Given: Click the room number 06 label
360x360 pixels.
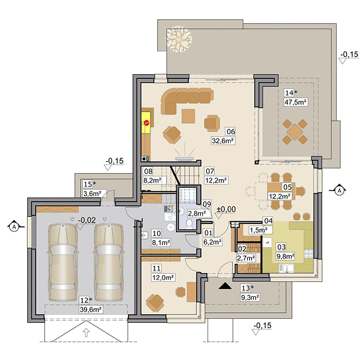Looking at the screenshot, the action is pyautogui.click(x=231, y=131).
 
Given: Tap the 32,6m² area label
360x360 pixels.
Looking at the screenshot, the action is pyautogui.click(x=223, y=141).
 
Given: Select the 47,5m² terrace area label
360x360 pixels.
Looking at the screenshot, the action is pyautogui.click(x=296, y=102).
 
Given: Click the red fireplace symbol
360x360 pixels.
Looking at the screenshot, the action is pyautogui.click(x=147, y=123).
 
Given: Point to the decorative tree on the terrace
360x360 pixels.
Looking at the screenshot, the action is pyautogui.click(x=179, y=40).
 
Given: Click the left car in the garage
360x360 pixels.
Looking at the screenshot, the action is pyautogui.click(x=63, y=262).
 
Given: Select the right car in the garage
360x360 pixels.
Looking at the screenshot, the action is pyautogui.click(x=109, y=262).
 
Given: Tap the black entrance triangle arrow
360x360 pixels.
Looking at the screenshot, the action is pyautogui.click(x=225, y=286).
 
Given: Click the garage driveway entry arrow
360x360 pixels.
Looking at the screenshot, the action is pyautogui.click(x=86, y=332).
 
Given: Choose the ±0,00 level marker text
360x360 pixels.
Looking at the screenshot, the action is pyautogui.click(x=226, y=210).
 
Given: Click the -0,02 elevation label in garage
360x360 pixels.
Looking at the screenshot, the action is pyautogui.click(x=87, y=220).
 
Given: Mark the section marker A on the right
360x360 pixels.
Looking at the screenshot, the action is pyautogui.click(x=339, y=190).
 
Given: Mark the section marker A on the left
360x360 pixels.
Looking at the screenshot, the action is pyautogui.click(x=15, y=227).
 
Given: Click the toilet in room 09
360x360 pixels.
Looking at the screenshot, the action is pyautogui.click(x=190, y=223).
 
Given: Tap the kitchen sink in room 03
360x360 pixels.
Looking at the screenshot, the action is pyautogui.click(x=286, y=268).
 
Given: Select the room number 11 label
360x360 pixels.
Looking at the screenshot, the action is pyautogui.click(x=156, y=268).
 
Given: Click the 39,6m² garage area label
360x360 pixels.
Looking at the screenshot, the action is pyautogui.click(x=91, y=310).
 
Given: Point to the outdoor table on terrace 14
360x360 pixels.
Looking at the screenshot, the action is pyautogui.click(x=295, y=132).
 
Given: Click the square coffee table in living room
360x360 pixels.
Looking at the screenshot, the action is pyautogui.click(x=188, y=116).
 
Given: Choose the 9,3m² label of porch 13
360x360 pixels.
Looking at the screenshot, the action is pyautogui.click(x=250, y=298).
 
